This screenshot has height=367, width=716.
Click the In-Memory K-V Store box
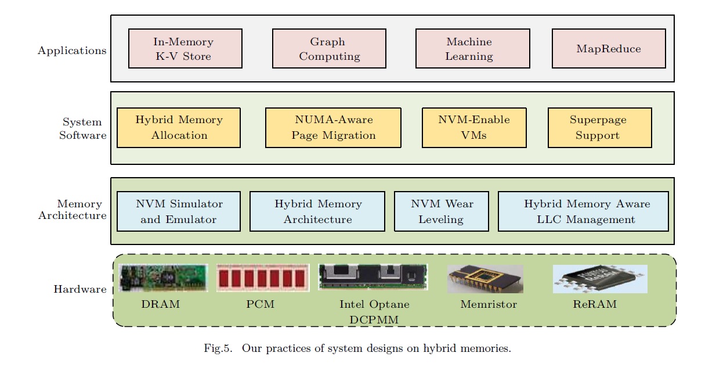pyautogui.click(x=185, y=49)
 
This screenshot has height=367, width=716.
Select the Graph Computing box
pyautogui.click(x=329, y=49)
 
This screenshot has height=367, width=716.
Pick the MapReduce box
pyautogui.click(x=608, y=49)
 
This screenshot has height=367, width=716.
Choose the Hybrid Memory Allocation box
pyautogui.click(x=179, y=128)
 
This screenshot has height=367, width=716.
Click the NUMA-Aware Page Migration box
pyautogui.click(x=333, y=128)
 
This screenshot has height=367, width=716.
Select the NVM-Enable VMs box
pyautogui.click(x=474, y=128)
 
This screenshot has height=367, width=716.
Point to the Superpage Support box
pyautogui.click(x=599, y=128)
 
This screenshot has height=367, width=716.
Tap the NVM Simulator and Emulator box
pyautogui.click(x=179, y=211)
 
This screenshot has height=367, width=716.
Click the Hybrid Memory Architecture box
pyautogui.click(x=317, y=211)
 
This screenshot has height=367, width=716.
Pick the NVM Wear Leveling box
pyautogui.click(x=441, y=211)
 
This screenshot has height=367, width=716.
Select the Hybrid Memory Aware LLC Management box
pyautogui.click(x=583, y=211)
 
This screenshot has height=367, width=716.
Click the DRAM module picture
pyautogui.click(x=163, y=278)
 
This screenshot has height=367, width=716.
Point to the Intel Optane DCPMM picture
pyautogui.click(x=373, y=277)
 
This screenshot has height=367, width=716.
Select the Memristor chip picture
pyautogui.click(x=485, y=279)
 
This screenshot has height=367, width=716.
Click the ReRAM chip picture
pyautogui.click(x=599, y=279)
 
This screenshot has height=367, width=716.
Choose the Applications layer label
pyautogui.click(x=72, y=51)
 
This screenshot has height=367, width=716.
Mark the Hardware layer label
pyautogui.click(x=80, y=289)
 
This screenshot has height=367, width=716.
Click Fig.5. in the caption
pyautogui.click(x=218, y=349)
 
